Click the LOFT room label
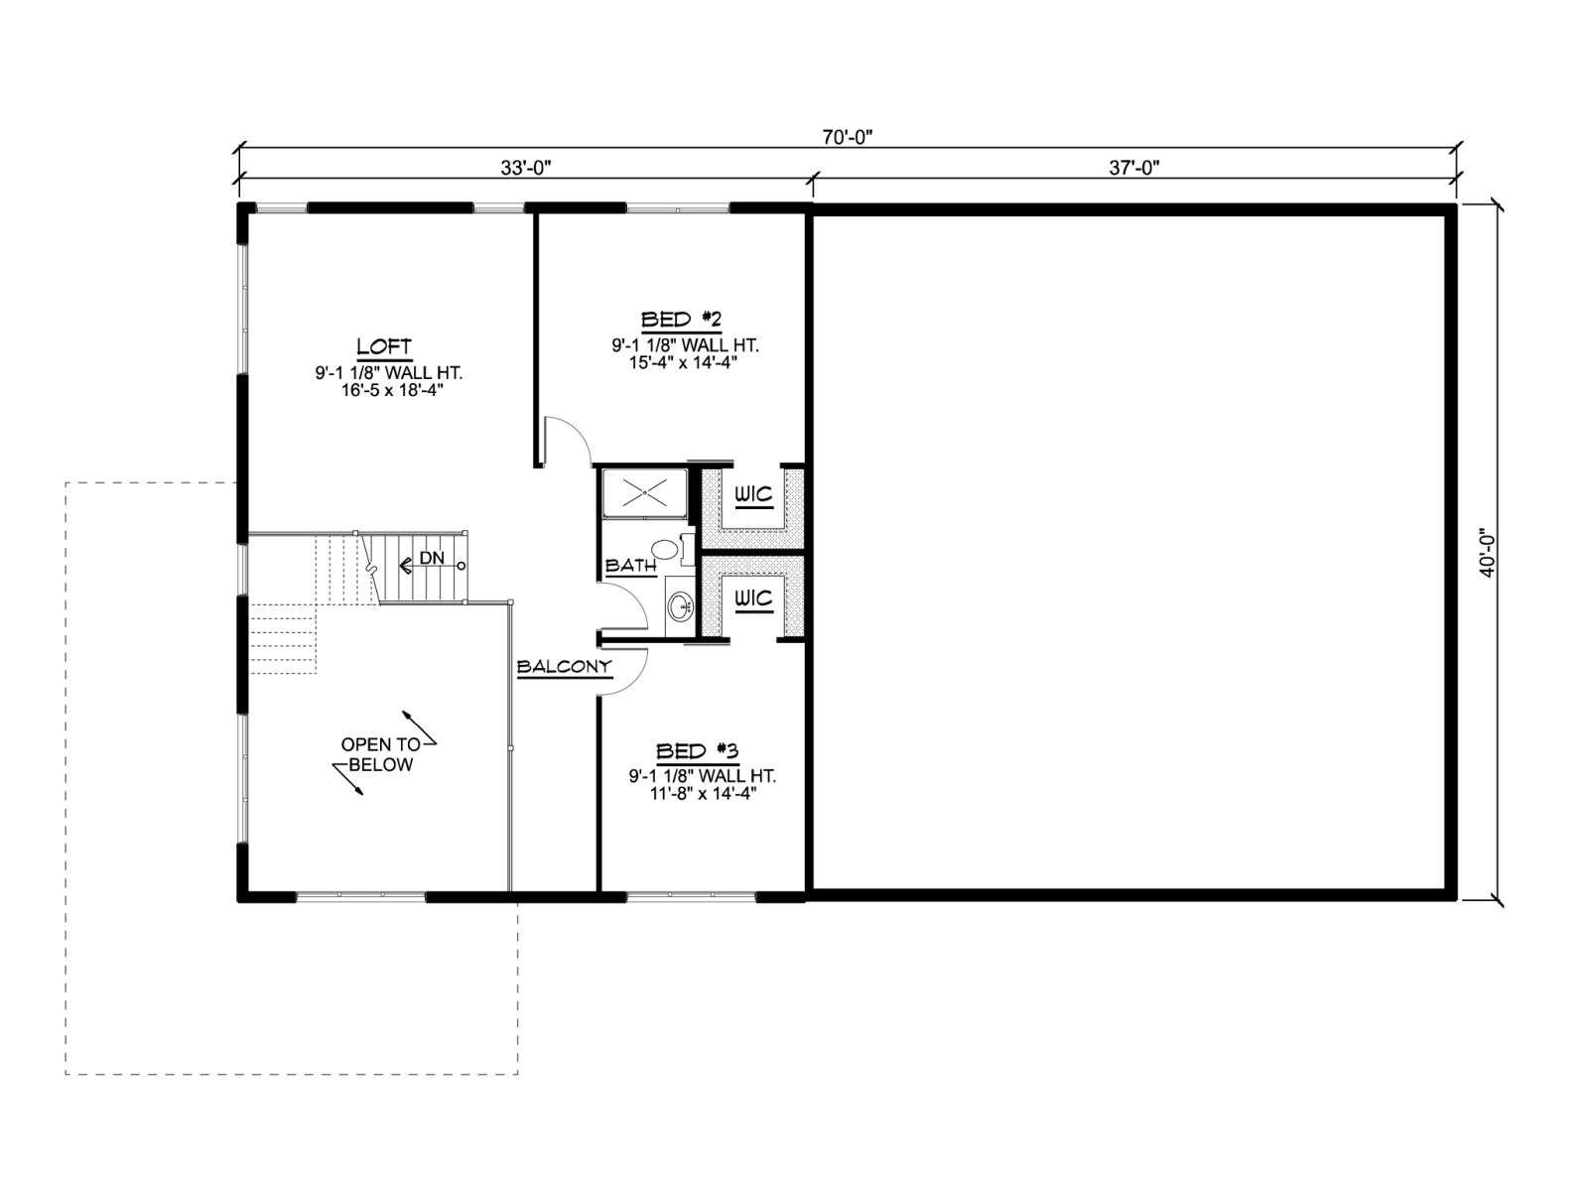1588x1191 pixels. [x=384, y=346]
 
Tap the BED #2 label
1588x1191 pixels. [x=681, y=320]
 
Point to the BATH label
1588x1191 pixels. [x=631, y=566]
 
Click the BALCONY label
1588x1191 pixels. [x=565, y=667]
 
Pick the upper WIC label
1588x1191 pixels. [x=753, y=495]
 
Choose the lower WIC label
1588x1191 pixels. [x=753, y=598]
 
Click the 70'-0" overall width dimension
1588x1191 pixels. [x=848, y=137]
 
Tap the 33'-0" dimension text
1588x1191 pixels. [x=526, y=168]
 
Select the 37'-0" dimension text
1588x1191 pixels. [x=1133, y=168]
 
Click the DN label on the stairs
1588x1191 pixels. [x=432, y=558]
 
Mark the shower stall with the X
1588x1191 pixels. [x=644, y=493]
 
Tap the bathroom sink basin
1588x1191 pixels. [x=679, y=606]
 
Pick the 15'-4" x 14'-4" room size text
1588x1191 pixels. [x=683, y=362]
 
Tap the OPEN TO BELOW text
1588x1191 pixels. [x=381, y=754]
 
